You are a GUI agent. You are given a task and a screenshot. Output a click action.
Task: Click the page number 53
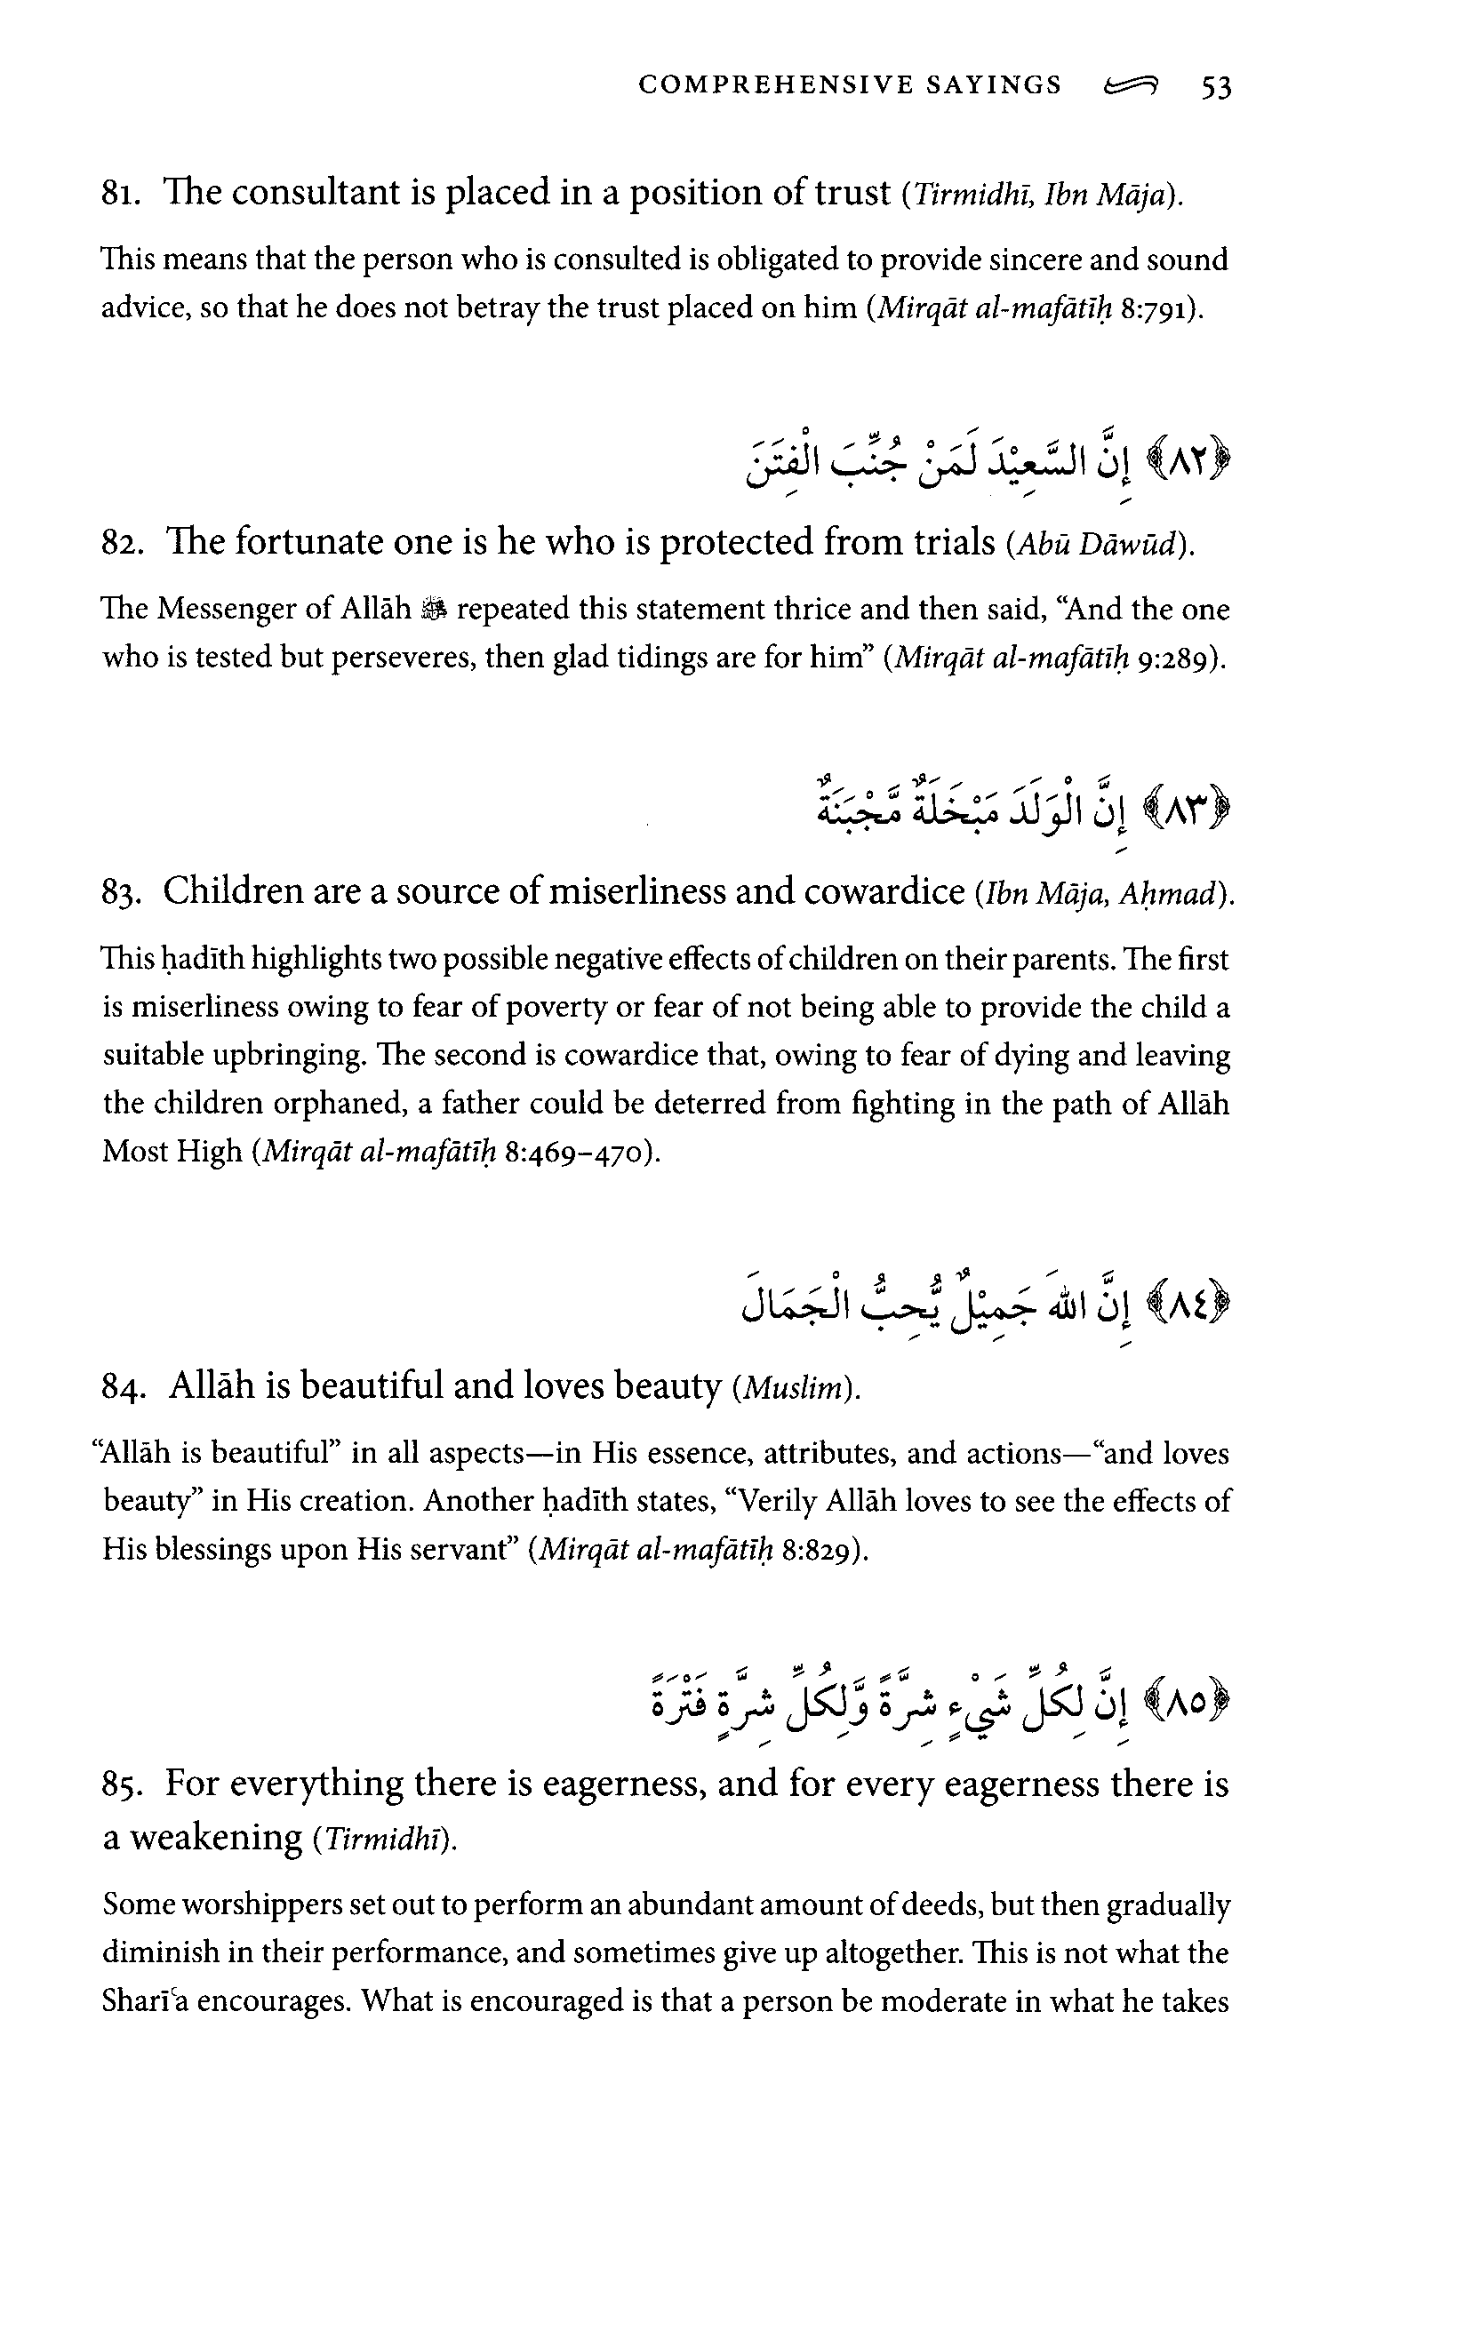tap(1215, 87)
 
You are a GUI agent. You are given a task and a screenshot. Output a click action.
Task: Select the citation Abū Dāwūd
tap(1098, 546)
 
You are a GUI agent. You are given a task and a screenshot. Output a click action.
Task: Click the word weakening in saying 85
tap(215, 1836)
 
